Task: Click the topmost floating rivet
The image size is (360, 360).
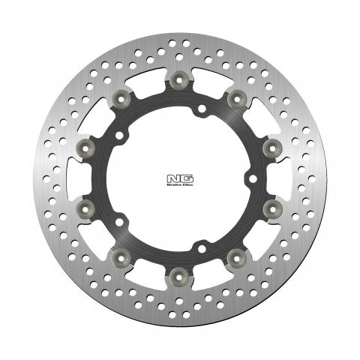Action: (179, 78)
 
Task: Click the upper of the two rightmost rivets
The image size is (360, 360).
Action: (271, 144)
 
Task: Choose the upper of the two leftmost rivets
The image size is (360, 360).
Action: (87, 144)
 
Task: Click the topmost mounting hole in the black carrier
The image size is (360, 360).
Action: (199, 112)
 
